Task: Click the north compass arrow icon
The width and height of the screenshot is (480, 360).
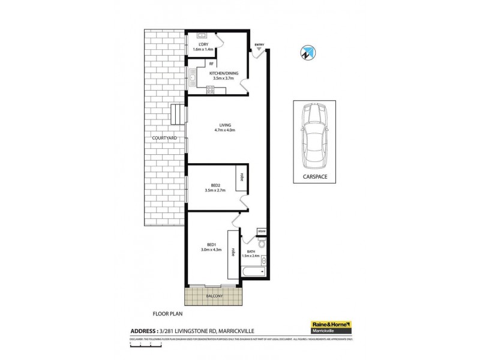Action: [x=306, y=53]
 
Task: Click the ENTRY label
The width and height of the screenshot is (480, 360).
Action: [x=259, y=44]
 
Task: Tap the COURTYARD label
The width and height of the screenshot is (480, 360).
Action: [x=163, y=138]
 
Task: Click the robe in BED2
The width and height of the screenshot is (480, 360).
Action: [x=242, y=177]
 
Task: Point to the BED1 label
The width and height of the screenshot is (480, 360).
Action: [x=211, y=244]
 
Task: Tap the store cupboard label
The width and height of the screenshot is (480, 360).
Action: [x=261, y=231]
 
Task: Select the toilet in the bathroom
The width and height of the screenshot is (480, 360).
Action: [x=262, y=244]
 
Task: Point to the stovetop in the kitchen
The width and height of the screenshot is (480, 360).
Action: [x=211, y=89]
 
